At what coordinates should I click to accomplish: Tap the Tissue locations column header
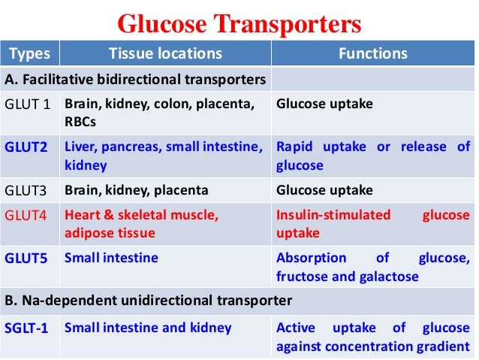166,53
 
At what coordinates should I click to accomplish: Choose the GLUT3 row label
27,190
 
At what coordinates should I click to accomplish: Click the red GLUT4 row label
27,216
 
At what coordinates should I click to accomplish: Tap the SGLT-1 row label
30,328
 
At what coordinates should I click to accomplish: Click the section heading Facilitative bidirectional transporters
136,79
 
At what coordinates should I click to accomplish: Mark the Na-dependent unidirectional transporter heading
148,301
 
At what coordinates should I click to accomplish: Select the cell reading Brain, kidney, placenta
137,190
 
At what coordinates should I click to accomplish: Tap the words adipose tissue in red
110,233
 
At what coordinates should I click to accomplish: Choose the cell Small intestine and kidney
148,328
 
